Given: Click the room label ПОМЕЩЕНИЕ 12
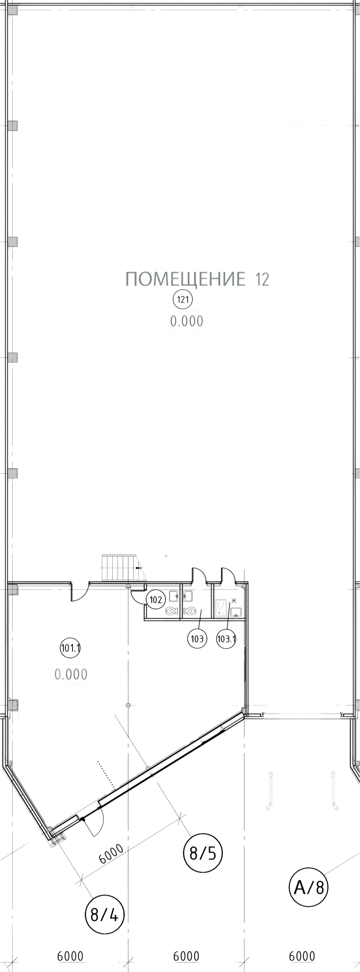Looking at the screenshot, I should click(x=197, y=280).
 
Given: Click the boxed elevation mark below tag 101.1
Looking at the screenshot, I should click(x=71, y=673).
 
